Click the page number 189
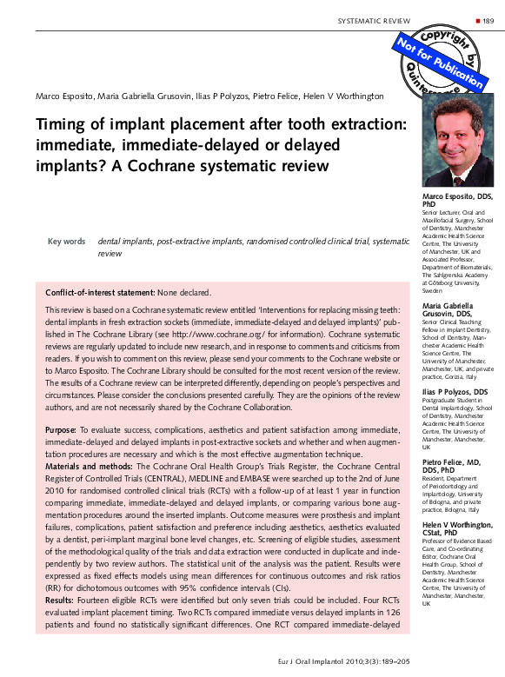pos(488,19)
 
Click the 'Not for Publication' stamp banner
pos(440,63)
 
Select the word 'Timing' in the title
pos(60,125)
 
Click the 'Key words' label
pos(66,242)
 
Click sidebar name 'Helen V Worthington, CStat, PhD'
pos(457,530)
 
